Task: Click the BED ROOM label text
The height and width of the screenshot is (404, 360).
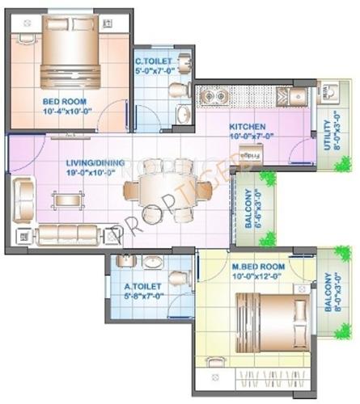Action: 60,102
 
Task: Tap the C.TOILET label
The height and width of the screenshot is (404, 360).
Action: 151,61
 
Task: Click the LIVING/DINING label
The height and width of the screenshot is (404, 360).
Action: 95,162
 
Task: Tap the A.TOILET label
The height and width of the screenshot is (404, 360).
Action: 142,286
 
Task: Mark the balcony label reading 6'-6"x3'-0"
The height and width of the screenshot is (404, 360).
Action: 245,207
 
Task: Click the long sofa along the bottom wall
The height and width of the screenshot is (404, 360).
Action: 69,234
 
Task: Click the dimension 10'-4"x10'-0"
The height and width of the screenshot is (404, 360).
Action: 61,112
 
